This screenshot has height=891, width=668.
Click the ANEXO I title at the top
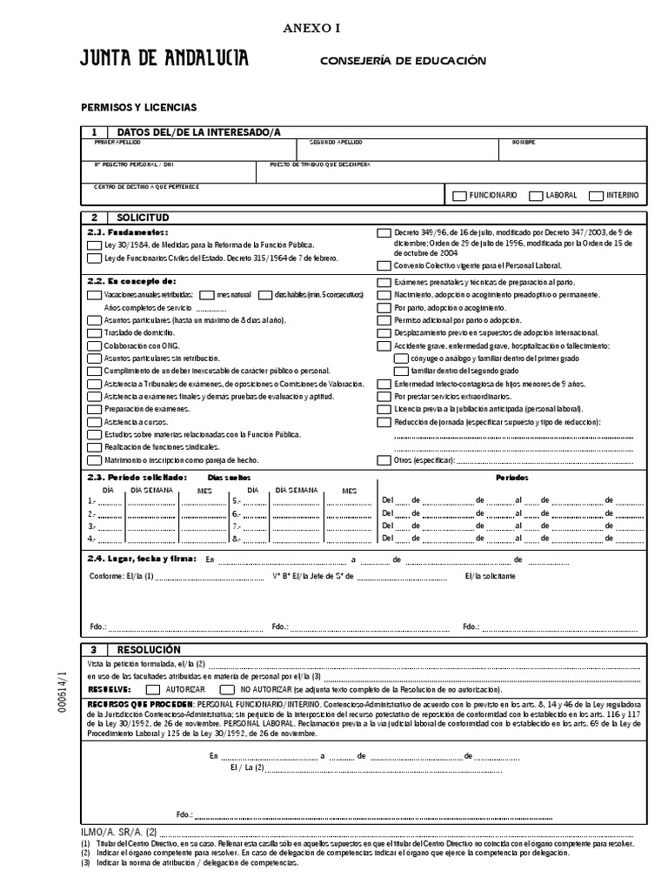311,28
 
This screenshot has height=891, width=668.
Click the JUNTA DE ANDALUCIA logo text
164,59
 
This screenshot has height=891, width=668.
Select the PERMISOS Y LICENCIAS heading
139,107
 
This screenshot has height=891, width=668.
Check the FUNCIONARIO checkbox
459,196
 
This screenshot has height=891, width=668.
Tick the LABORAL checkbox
537,196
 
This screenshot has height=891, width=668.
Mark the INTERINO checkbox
596,196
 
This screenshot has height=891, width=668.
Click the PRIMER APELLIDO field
191,150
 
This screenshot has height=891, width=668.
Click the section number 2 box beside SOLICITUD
93,216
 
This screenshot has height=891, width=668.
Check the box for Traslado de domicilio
94,333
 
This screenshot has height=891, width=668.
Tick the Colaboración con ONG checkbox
94,345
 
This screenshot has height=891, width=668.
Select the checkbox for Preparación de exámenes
94,409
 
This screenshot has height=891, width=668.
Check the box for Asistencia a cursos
94,422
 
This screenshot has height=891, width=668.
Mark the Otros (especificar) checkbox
384,460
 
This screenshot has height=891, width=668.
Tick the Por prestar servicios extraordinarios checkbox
384,396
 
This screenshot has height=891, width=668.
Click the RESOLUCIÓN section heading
149,650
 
